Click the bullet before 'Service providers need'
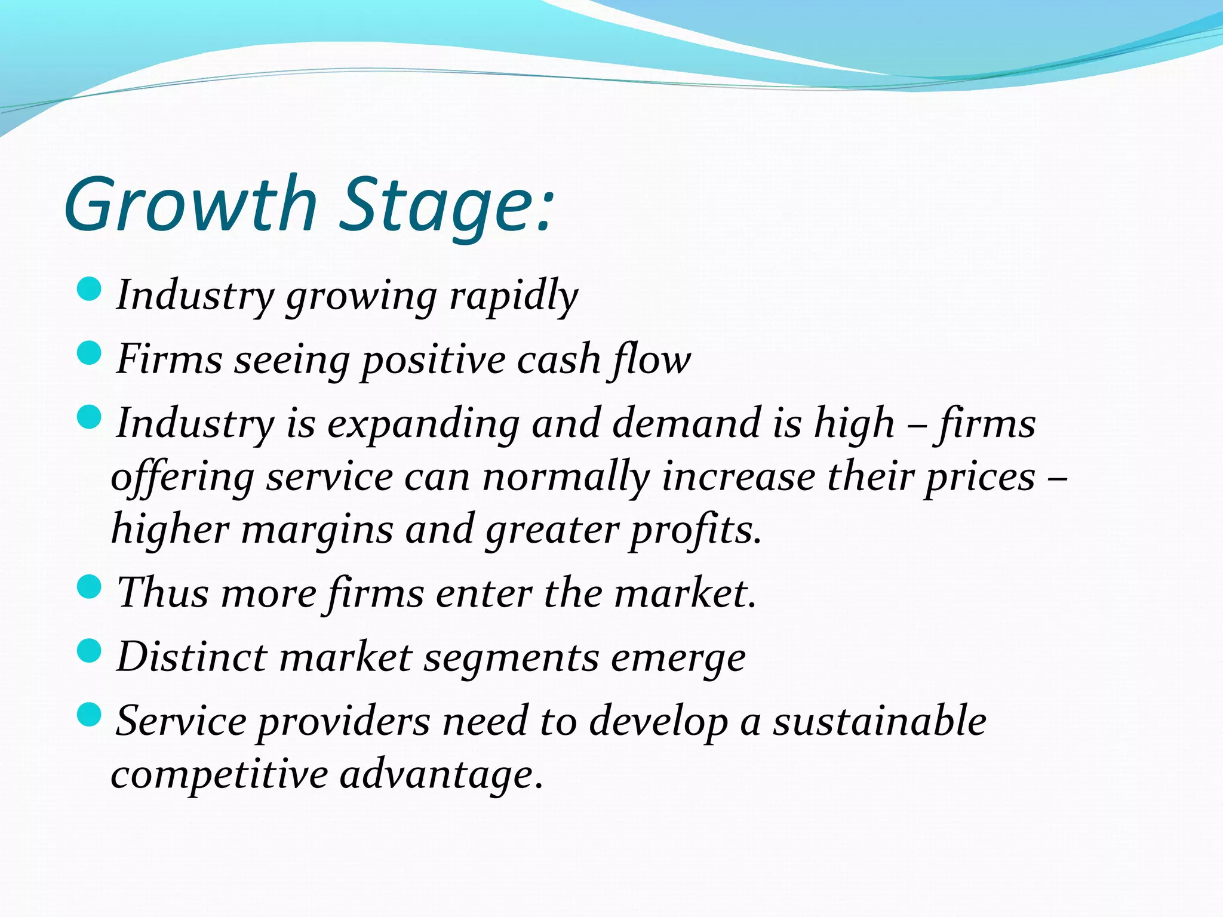click(90, 714)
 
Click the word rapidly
click(514, 296)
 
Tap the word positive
click(434, 361)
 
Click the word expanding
click(423, 424)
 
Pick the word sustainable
click(880, 721)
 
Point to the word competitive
click(219, 775)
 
